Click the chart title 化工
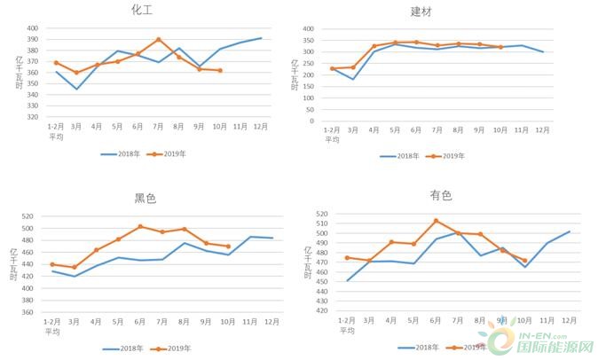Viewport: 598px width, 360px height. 142,10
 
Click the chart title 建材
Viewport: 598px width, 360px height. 422,12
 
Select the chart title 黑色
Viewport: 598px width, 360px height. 145,198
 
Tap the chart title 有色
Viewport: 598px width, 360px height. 440,195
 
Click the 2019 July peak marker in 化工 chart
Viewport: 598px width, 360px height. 159,39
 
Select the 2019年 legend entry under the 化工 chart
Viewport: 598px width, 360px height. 169,153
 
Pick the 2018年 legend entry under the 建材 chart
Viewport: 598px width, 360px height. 400,156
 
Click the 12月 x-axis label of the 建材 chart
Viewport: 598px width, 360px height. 543,130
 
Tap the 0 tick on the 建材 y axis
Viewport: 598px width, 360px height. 310,121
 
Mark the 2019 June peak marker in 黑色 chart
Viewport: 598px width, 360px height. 140,226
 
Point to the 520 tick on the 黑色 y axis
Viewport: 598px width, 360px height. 27,216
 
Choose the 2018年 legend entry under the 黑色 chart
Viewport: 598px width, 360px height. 122,348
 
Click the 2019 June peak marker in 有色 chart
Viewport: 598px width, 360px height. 436,221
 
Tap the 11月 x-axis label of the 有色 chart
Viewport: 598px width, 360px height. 547,320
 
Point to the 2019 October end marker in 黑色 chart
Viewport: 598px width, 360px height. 228,247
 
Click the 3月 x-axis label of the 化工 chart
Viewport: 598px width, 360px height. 76,127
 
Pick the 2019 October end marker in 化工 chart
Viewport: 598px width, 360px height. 220,70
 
